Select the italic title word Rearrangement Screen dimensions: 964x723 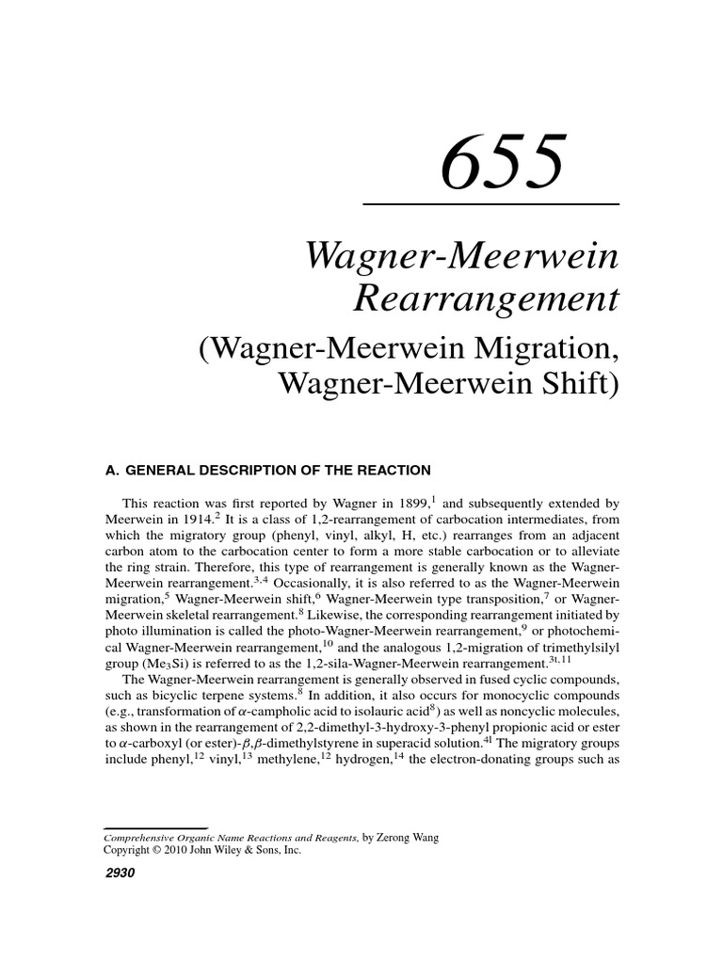pos(486,298)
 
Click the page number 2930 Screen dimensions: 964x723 pos(120,873)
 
